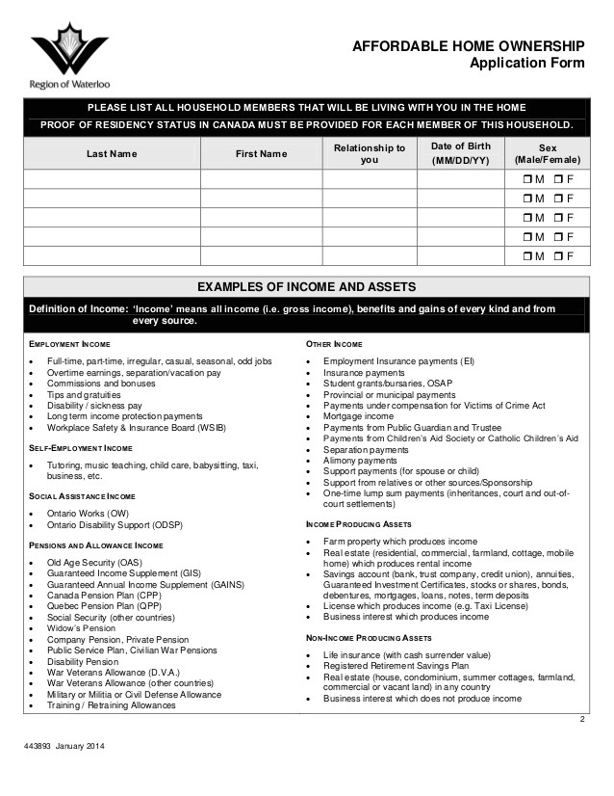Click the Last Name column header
click(112, 154)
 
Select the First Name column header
click(261, 154)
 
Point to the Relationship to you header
click(370, 153)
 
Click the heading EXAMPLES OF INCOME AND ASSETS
click(306, 287)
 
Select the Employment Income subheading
click(69, 344)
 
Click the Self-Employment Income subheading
click(81, 448)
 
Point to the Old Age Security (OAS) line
click(94, 562)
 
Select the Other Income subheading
click(334, 344)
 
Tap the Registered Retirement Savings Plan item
click(396, 665)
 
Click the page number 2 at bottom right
click(582, 720)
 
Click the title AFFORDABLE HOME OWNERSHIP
click(468, 46)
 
